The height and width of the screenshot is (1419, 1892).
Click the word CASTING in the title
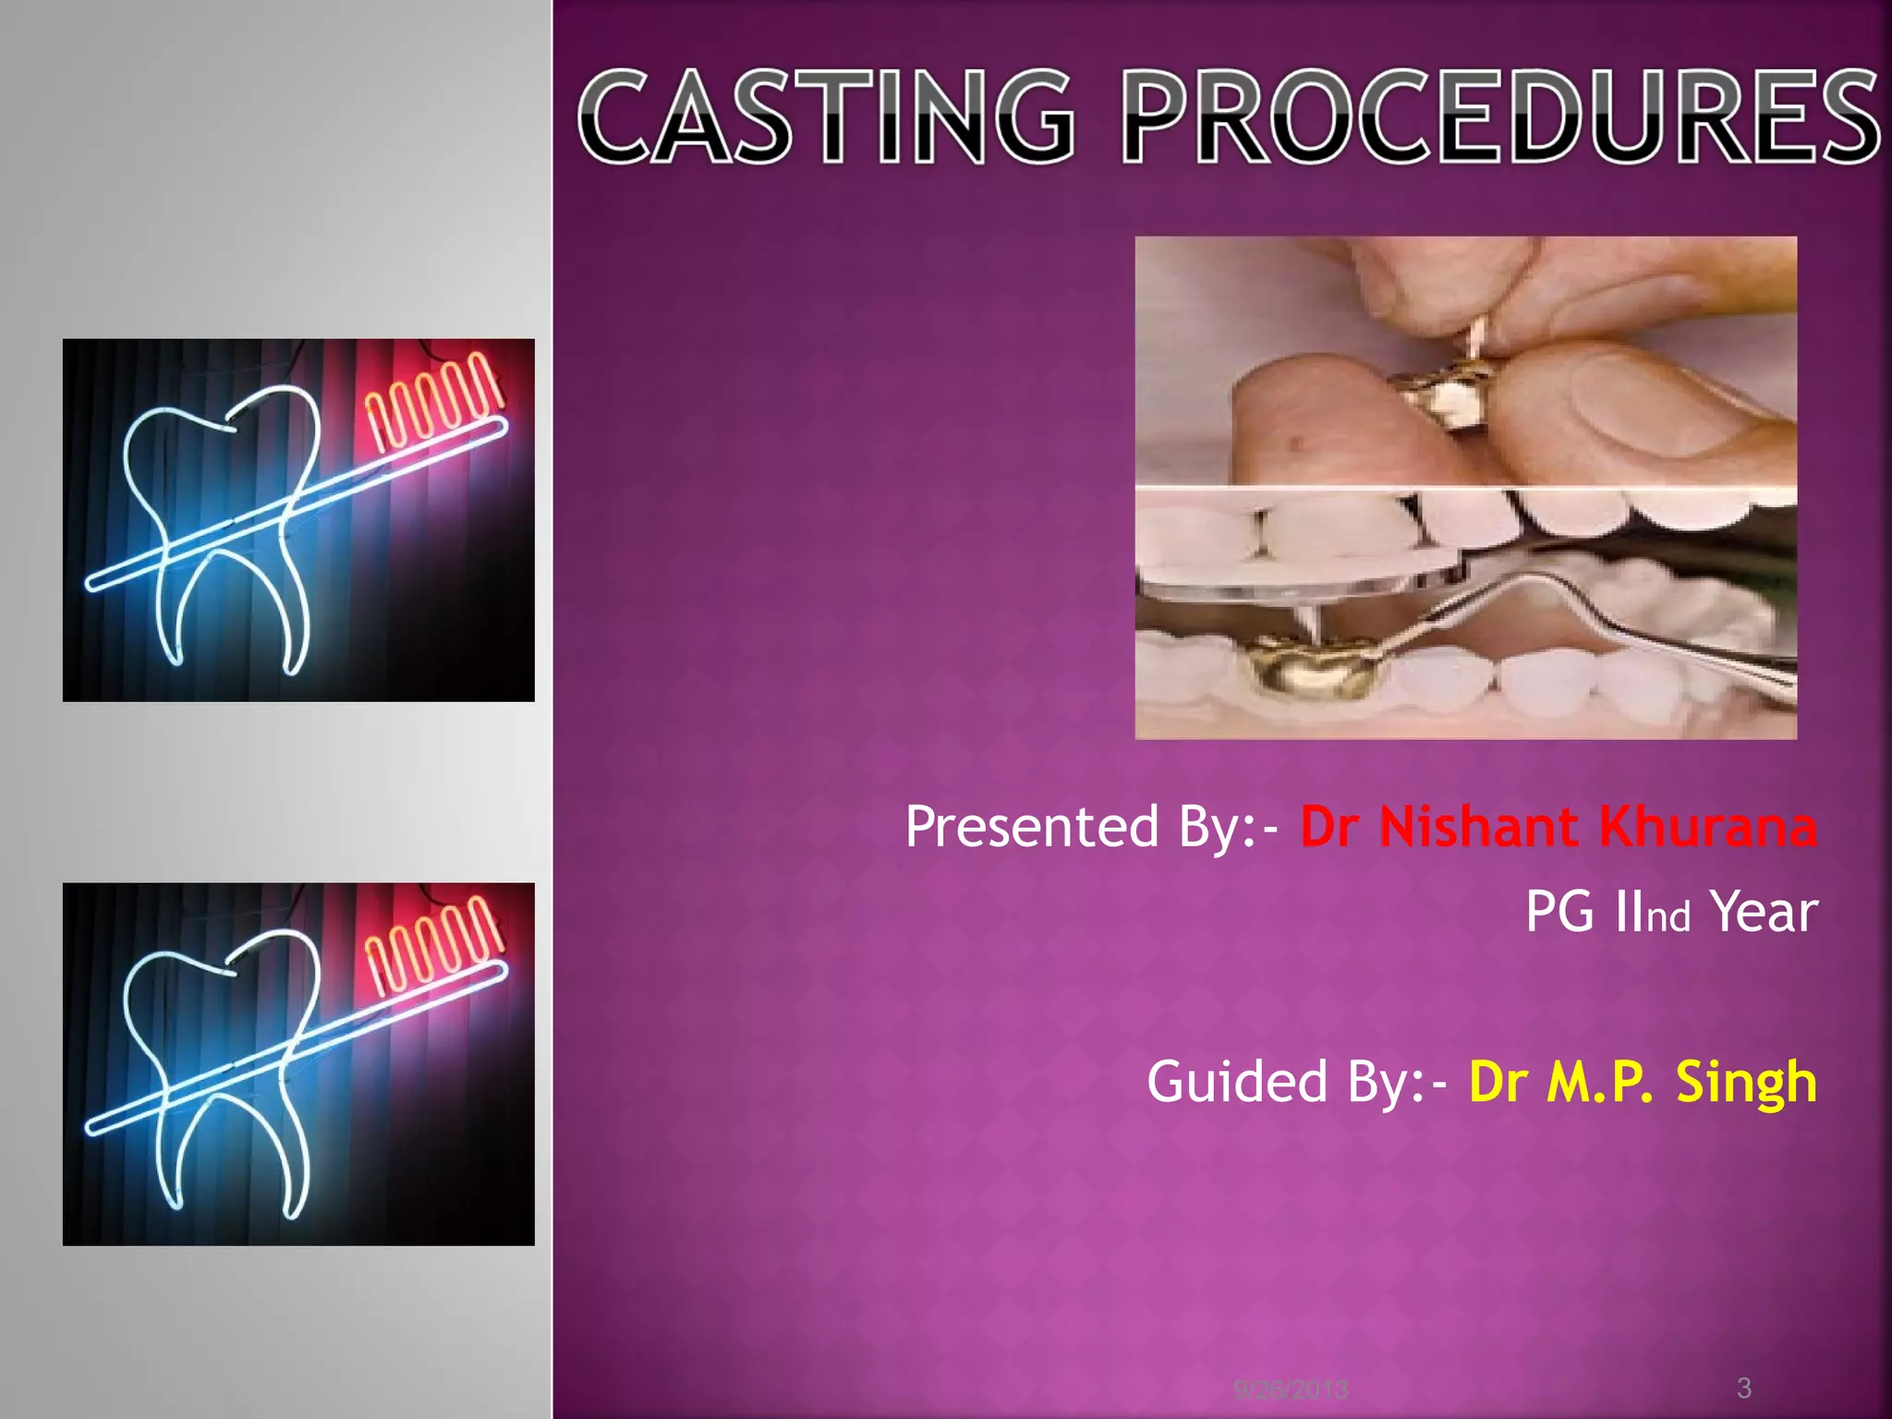tap(827, 118)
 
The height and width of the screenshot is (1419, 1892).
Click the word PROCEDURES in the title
tap(1501, 118)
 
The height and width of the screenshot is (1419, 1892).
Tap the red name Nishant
tap(1478, 826)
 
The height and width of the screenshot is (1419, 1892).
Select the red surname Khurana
tap(1707, 826)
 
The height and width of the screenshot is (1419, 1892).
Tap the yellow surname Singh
tap(1746, 1082)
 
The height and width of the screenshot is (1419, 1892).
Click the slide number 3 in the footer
tap(1743, 1387)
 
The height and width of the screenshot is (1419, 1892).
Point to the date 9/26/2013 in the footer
tap(1291, 1389)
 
